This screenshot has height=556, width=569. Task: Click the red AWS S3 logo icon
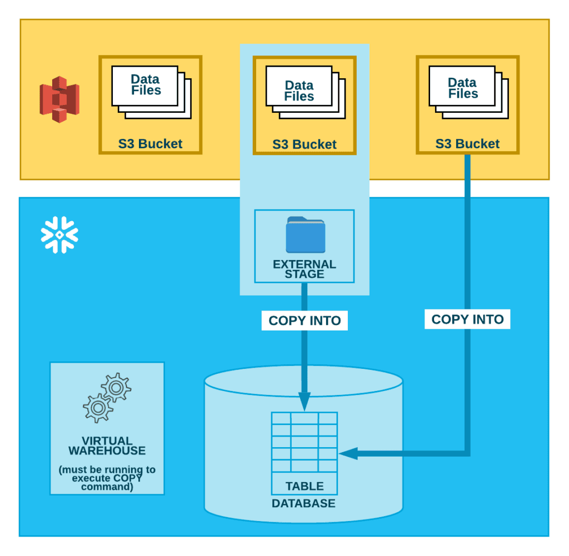coord(59,99)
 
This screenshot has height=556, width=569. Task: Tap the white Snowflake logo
coord(59,235)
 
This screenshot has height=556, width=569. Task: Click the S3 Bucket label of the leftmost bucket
coord(150,144)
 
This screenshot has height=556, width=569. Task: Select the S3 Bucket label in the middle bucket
coord(304,144)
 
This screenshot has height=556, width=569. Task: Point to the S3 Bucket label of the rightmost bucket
coord(467,144)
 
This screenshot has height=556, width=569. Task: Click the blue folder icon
coord(305,235)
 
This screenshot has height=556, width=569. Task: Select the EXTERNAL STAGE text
coord(305,269)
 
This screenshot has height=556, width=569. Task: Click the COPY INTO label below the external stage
coord(305,320)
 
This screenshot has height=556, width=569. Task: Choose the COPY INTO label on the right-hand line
coord(467,319)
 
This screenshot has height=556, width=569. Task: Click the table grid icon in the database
coord(304,442)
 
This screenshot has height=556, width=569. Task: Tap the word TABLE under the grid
coord(304,486)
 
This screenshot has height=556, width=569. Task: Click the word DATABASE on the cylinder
coord(303,504)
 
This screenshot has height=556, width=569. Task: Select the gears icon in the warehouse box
coord(107,398)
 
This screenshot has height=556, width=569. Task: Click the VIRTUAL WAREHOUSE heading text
coord(107,446)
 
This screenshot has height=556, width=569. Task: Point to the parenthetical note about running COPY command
coord(107,478)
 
